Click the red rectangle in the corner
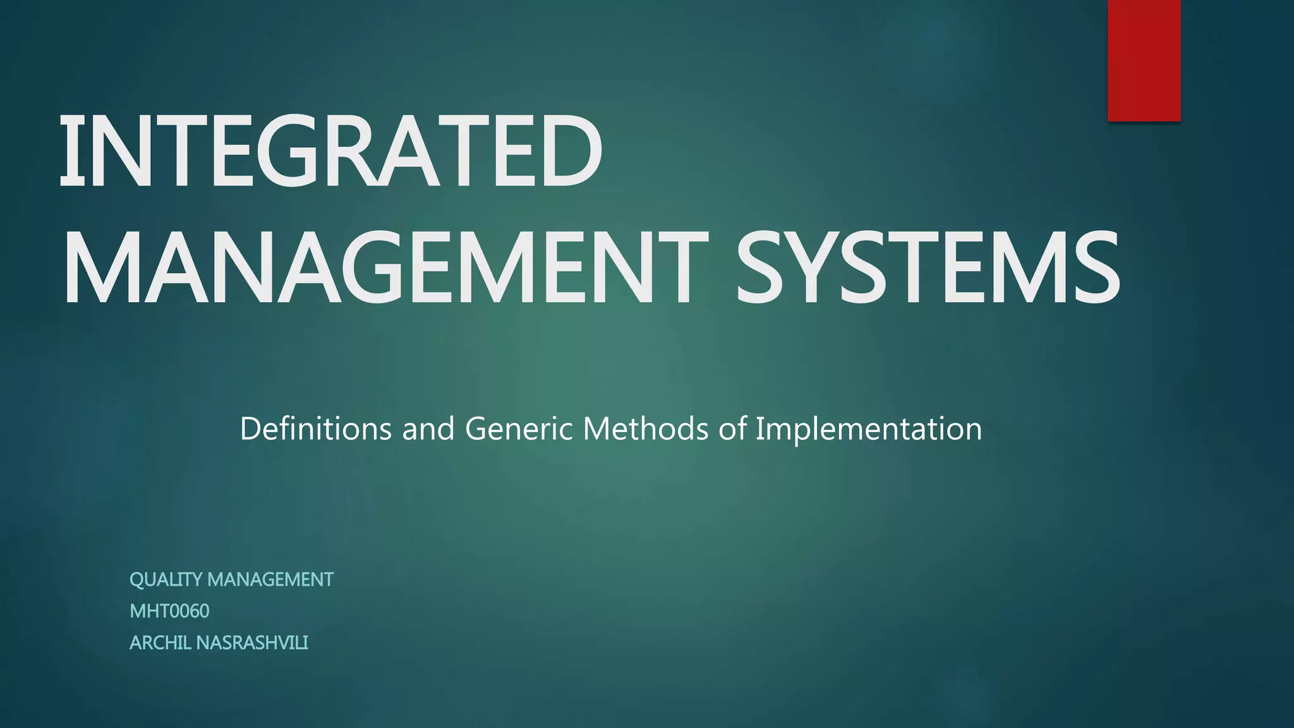click(x=1144, y=60)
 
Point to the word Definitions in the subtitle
click(x=316, y=428)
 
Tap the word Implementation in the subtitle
click(x=869, y=430)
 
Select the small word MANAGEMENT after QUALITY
click(x=270, y=579)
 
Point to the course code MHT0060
click(x=169, y=611)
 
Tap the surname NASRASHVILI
click(x=252, y=643)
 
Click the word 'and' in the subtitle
click(x=428, y=428)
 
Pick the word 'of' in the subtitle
click(x=734, y=428)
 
